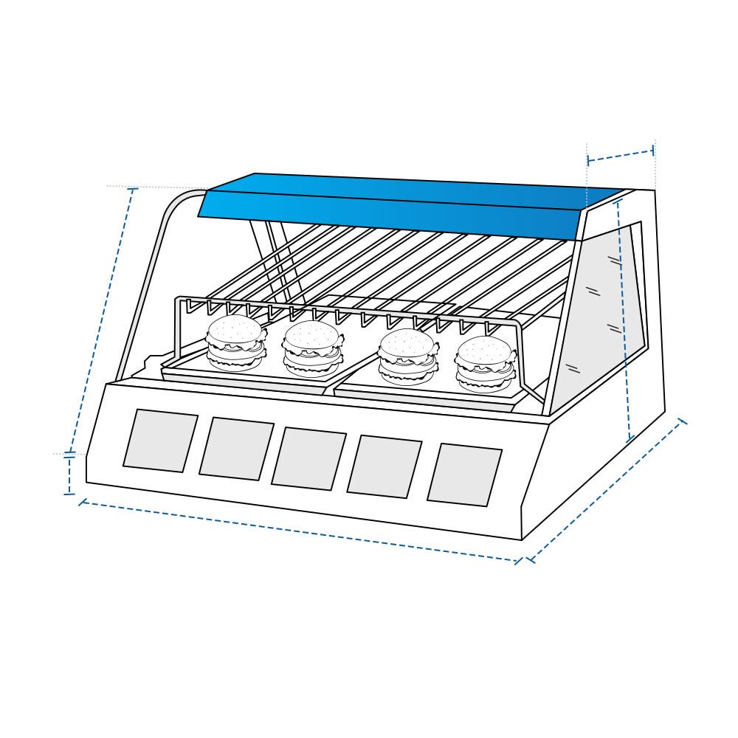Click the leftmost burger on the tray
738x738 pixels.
click(235, 343)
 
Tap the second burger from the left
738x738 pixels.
click(313, 348)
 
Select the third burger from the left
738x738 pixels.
click(407, 356)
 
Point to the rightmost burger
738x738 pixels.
click(485, 364)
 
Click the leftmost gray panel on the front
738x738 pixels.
click(160, 441)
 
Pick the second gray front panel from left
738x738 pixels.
click(236, 449)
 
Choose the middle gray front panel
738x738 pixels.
click(308, 458)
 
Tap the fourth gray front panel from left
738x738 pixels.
click(384, 466)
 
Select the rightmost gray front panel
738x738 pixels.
click(464, 476)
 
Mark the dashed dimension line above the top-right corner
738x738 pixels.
click(621, 156)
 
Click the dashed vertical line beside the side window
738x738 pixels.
click(624, 321)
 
